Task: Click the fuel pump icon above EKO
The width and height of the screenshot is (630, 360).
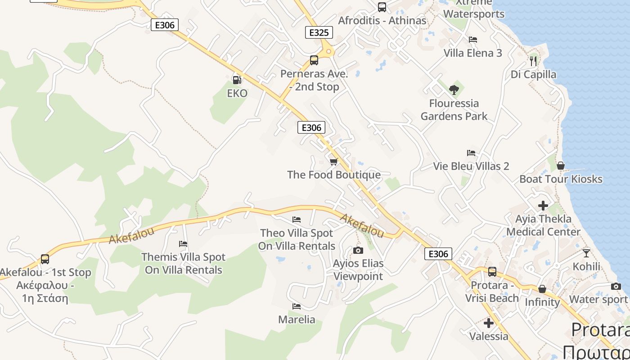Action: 236,80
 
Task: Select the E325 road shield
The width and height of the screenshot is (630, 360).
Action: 319,32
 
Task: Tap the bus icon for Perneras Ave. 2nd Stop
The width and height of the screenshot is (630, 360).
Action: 314,60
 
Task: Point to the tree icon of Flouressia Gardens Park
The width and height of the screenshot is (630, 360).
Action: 454,90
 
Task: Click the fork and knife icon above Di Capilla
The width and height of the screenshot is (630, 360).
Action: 533,61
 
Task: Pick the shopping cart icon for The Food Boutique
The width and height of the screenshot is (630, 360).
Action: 333,162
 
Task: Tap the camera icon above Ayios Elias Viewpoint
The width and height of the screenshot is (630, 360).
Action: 358,250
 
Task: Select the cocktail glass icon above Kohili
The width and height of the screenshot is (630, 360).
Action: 586,253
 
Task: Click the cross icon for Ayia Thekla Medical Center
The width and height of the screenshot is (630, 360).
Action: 543,206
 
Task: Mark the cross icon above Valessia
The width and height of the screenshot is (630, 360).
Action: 489,323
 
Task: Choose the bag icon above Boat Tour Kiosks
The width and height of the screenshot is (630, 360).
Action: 561,166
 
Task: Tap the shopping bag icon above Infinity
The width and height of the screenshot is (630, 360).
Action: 542,289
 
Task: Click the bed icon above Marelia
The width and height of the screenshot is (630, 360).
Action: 297,306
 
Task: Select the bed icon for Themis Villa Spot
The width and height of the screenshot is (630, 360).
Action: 183,244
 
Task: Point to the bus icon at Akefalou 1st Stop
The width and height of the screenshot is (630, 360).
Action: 45,259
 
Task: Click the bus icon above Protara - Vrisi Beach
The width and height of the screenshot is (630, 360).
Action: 492,272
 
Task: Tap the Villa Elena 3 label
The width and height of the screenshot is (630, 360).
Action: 472,53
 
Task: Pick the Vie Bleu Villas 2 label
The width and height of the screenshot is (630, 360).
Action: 471,166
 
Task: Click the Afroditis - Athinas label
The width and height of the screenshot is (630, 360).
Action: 382,21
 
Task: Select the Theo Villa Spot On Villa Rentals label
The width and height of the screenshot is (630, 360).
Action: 297,239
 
